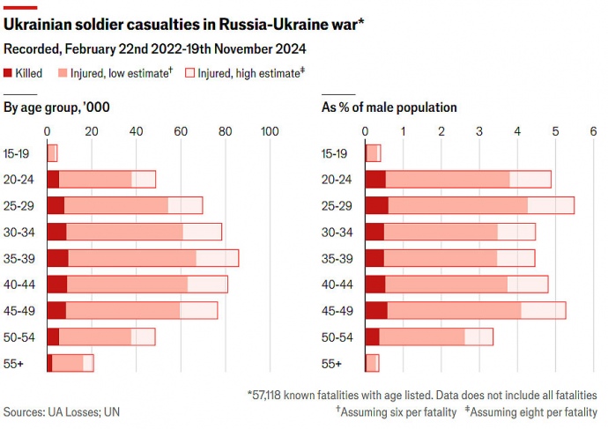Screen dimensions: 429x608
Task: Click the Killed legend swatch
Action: pyautogui.click(x=9, y=74)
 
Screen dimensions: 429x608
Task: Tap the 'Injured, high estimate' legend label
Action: pyautogui.click(x=251, y=74)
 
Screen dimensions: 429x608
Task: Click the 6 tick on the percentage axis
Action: pyautogui.click(x=594, y=131)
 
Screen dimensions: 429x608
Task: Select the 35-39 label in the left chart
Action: pyautogui.click(x=19, y=258)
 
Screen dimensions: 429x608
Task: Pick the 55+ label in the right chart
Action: pyautogui.click(x=332, y=363)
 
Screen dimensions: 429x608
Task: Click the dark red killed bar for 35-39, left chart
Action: pyautogui.click(x=58, y=258)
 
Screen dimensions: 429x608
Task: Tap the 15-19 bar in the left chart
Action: pyautogui.click(x=52, y=153)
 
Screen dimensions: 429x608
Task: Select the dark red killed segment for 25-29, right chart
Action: pyautogui.click(x=377, y=205)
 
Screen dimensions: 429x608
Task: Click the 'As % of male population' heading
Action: pyautogui.click(x=389, y=107)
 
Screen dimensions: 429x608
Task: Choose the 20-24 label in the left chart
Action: pyautogui.click(x=19, y=180)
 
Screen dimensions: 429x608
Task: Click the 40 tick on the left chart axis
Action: pyautogui.click(x=136, y=131)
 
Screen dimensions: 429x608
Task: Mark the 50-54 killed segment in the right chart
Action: pyautogui.click(x=373, y=337)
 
